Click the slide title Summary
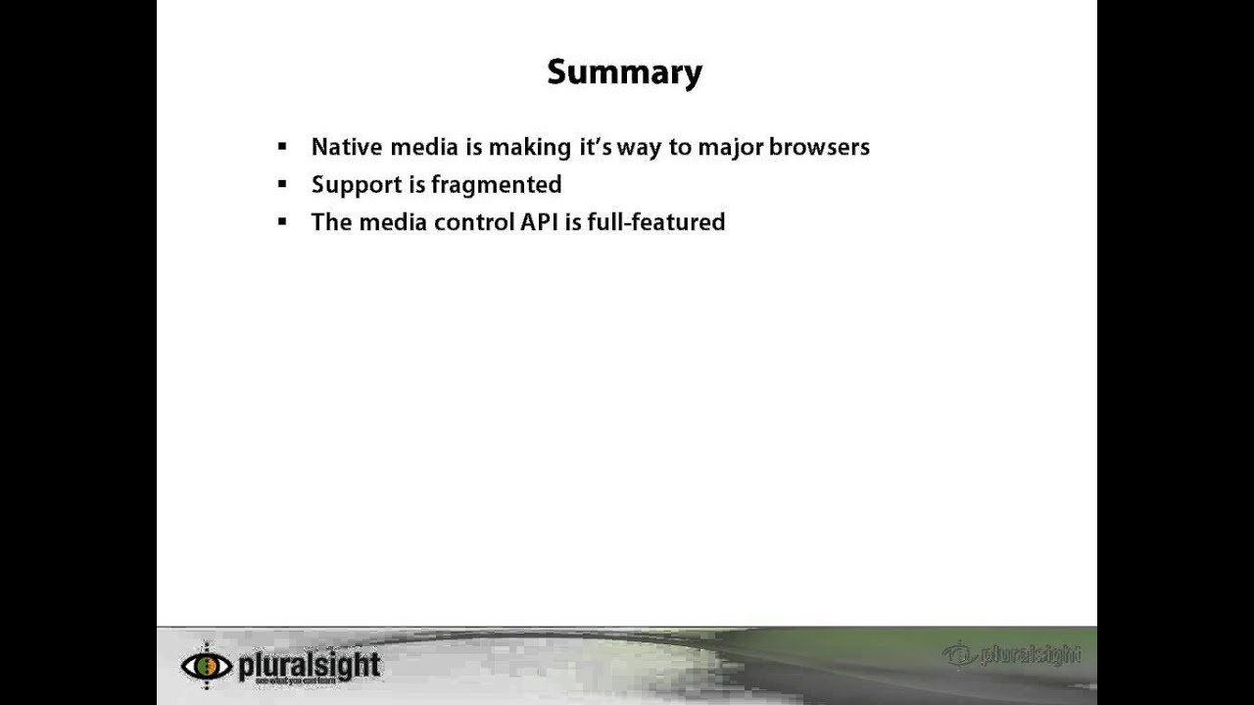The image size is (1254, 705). click(624, 72)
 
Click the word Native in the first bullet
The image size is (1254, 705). click(347, 147)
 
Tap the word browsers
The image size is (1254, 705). click(819, 147)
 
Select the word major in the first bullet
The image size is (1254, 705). click(730, 148)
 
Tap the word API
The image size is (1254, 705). click(539, 222)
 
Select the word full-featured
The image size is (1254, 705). click(655, 222)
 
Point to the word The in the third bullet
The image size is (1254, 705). click(331, 222)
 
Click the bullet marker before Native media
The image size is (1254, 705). click(282, 147)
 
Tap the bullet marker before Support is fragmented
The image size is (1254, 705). click(282, 184)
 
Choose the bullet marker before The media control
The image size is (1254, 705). click(282, 221)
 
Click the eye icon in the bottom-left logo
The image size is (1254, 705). click(206, 666)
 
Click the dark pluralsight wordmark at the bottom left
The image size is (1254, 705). click(309, 664)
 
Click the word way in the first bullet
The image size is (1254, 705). click(639, 148)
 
